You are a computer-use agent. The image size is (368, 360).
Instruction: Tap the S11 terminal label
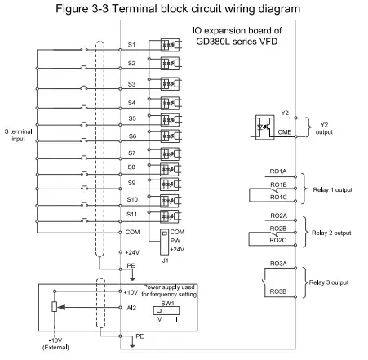coord(132,214)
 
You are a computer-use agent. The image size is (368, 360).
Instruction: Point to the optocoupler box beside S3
coord(170,85)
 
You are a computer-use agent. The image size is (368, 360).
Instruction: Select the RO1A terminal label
coord(278,171)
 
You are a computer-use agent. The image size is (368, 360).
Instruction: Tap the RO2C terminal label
coord(278,241)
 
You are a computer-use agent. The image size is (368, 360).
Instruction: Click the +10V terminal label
coord(131,291)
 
